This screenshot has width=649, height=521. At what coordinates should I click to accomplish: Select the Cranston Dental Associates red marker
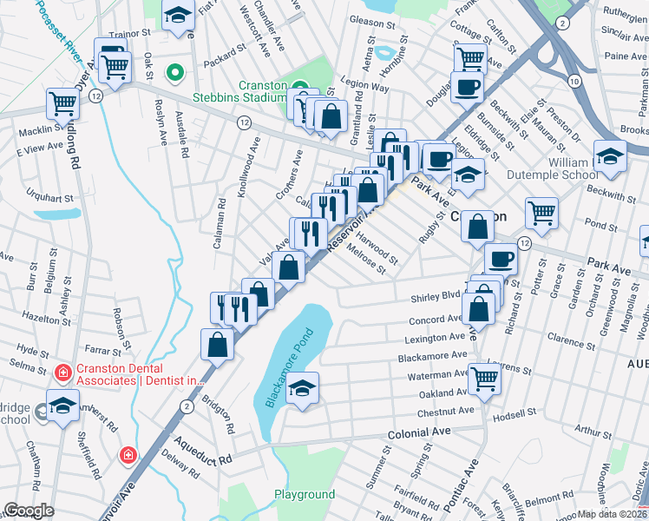(62, 373)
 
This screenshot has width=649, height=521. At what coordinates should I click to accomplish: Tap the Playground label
(305, 495)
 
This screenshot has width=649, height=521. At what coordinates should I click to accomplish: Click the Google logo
(28, 511)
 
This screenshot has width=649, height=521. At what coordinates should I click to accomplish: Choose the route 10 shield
(574, 81)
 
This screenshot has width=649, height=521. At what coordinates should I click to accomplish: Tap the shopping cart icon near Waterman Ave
(483, 378)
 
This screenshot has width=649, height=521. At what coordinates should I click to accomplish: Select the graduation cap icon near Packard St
(179, 16)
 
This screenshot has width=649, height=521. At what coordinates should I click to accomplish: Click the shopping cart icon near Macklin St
(63, 102)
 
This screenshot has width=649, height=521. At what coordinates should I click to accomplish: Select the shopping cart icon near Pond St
(541, 211)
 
